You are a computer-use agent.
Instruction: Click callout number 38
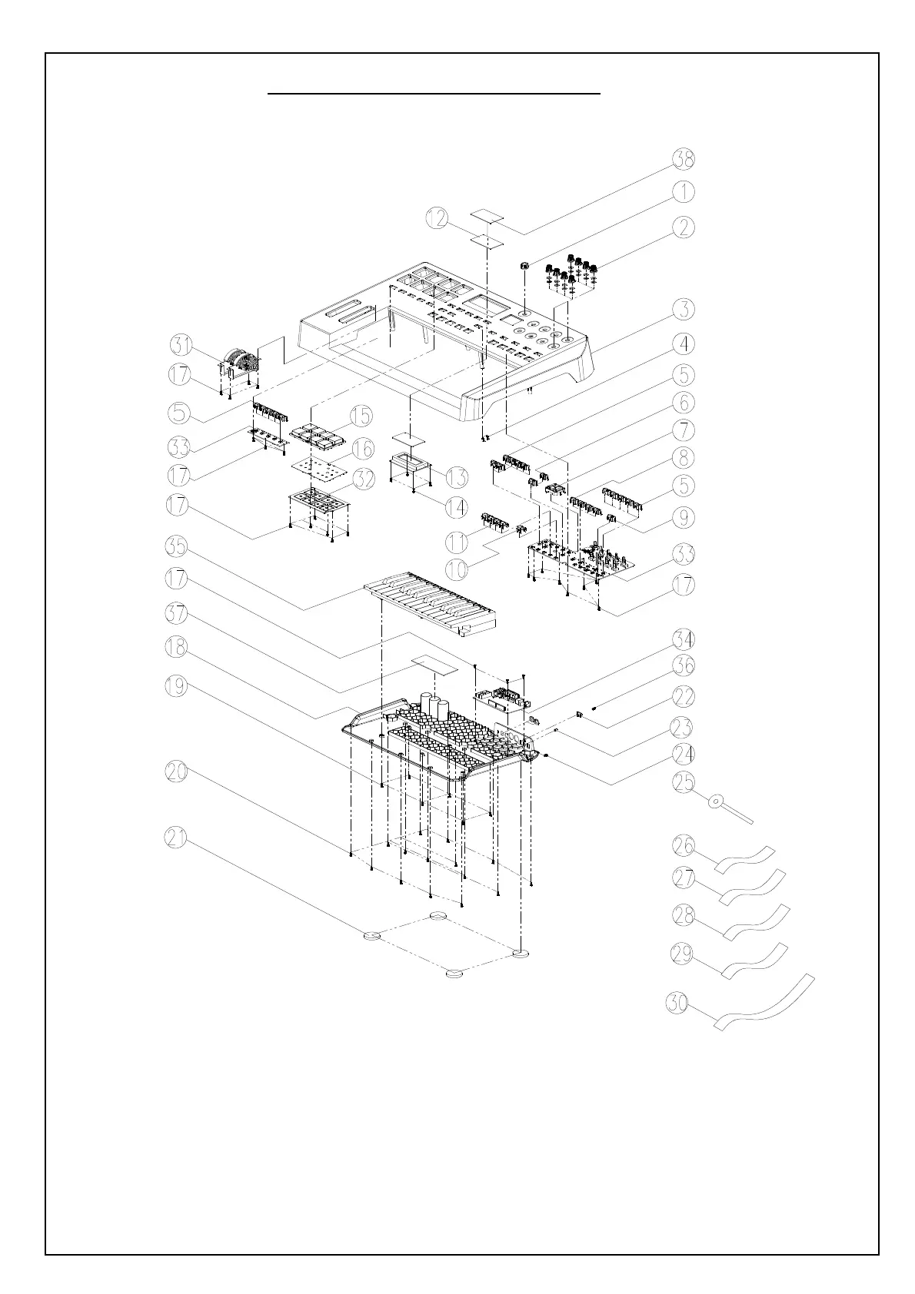point(684,160)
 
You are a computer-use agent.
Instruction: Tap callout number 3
point(684,310)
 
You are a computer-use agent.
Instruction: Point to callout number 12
point(438,219)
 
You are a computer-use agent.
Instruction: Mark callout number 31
point(181,345)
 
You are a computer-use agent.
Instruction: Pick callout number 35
point(178,547)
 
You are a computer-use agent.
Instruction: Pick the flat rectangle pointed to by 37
point(434,664)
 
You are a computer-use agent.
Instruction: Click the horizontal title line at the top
point(434,94)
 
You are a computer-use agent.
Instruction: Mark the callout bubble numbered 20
point(178,772)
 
